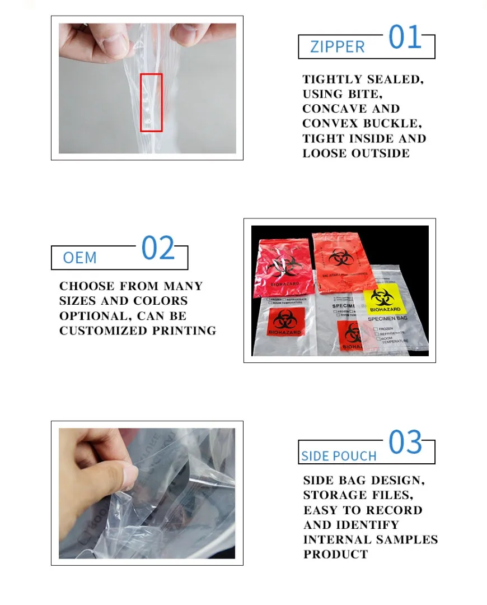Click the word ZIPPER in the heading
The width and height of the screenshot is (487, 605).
click(337, 46)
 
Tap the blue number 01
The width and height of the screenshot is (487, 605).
click(405, 38)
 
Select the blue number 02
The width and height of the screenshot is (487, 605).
click(158, 248)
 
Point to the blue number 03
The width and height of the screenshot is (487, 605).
click(405, 443)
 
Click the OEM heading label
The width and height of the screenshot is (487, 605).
click(79, 258)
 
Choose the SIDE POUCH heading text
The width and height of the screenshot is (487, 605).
click(339, 456)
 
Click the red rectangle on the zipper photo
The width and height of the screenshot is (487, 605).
click(151, 103)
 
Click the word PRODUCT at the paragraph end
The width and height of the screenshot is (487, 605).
click(336, 554)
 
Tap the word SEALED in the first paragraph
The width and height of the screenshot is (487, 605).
click(395, 79)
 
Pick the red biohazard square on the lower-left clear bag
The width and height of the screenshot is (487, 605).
click(286, 322)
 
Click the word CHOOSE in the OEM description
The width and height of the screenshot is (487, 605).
click(87, 286)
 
